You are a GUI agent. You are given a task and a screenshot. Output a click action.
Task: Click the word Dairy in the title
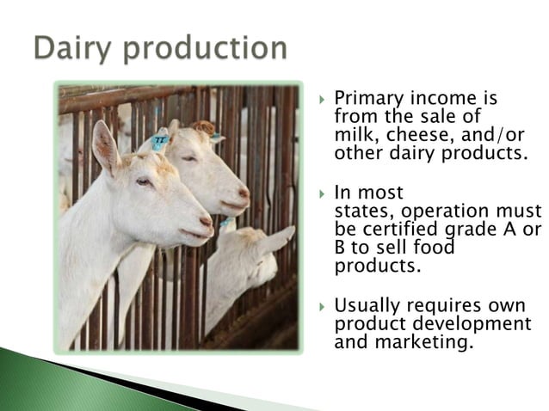72,48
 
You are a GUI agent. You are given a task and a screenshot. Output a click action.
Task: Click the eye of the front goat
143,181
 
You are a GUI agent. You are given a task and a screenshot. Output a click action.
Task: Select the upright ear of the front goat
105,146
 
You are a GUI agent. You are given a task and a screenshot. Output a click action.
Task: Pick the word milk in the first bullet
350,136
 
